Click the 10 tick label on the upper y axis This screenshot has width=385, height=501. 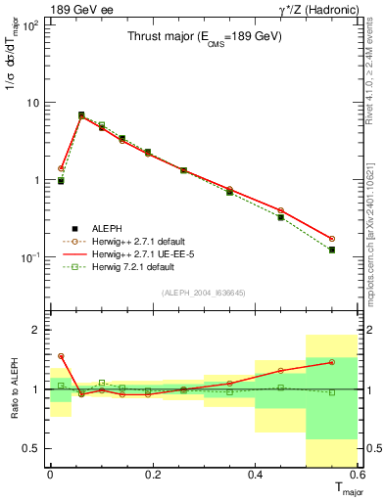pos(32,103)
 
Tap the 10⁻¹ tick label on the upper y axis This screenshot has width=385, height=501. pos(30,257)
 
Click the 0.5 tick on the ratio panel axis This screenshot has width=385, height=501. pos(30,448)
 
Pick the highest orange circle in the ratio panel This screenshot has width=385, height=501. pos(61,356)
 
